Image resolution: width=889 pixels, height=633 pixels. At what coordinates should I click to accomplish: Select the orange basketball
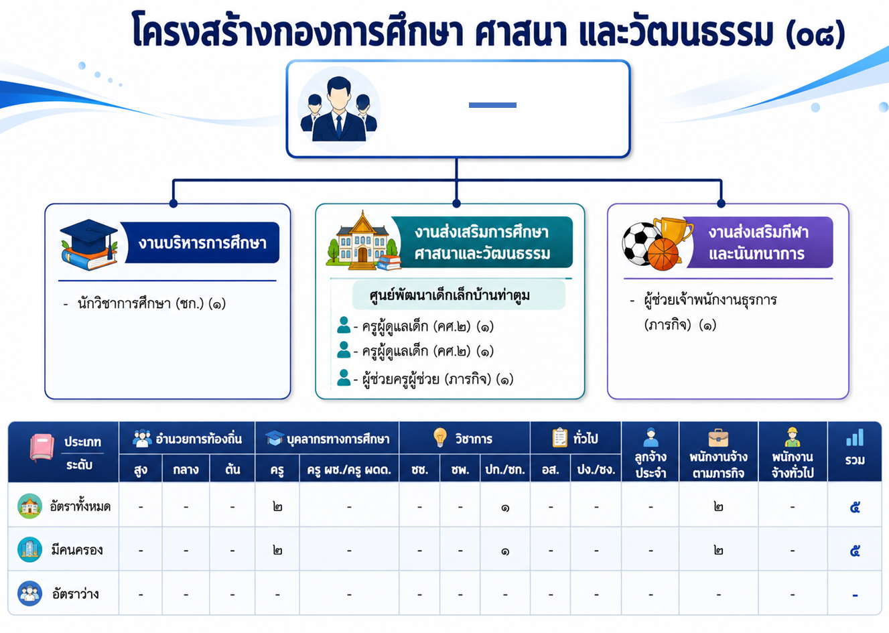[663, 254]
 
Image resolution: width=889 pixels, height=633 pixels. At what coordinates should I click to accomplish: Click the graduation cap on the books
[89, 236]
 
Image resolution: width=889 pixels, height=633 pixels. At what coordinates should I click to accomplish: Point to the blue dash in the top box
[492, 105]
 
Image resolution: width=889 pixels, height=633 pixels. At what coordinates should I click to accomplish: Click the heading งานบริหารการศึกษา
[202, 243]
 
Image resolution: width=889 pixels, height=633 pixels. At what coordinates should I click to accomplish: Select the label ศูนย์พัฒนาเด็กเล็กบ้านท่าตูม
[450, 295]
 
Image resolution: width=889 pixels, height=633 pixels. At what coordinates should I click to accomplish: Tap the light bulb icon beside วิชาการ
[440, 437]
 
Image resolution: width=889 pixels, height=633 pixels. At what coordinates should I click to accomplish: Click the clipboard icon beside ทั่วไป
[559, 437]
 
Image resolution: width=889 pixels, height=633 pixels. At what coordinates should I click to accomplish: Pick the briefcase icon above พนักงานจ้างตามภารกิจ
[718, 438]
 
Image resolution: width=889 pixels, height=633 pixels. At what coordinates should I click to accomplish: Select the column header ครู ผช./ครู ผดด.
[349, 470]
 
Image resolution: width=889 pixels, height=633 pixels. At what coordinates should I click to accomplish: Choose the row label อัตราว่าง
[76, 594]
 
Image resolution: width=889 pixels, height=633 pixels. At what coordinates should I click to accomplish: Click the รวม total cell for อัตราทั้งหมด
[855, 507]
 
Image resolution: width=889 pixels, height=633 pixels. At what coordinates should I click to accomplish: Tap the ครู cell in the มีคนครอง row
[277, 551]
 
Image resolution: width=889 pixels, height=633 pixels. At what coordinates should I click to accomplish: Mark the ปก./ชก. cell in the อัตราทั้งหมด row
[505, 508]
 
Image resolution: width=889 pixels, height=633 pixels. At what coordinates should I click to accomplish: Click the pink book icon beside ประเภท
[42, 447]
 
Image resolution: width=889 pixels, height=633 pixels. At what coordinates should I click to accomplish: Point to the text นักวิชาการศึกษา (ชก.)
[141, 303]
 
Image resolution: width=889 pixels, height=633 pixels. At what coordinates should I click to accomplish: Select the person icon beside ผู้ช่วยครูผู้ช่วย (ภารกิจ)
[344, 377]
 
